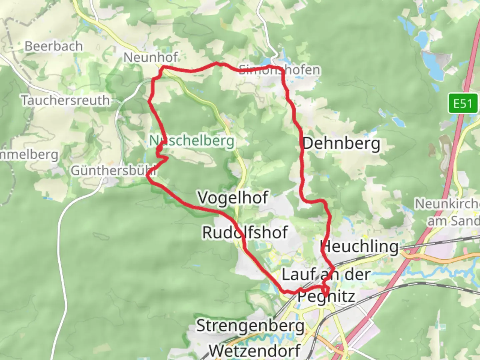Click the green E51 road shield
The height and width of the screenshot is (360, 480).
tap(463, 104)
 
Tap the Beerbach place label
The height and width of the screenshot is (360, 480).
tap(54, 46)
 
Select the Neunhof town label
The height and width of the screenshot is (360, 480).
tap(151, 57)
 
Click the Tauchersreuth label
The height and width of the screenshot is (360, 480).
tap(65, 100)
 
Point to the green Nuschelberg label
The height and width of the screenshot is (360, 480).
tap(192, 141)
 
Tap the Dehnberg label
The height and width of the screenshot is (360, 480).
tap(341, 144)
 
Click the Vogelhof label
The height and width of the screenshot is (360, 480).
tap(233, 198)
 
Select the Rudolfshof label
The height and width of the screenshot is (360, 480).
tap(245, 232)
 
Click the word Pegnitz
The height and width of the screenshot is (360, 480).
tap(326, 296)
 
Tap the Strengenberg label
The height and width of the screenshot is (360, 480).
tap(250, 326)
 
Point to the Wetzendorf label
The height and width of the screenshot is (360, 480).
tap(255, 350)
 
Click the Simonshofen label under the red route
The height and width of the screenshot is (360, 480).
tap(279, 70)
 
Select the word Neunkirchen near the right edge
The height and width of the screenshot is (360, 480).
tap(447, 203)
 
